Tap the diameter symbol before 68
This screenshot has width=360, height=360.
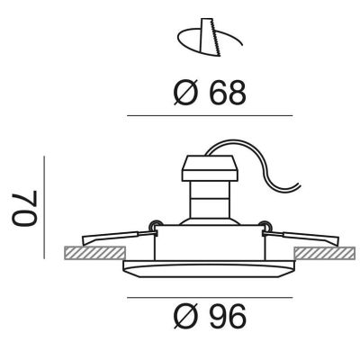(x=185, y=93)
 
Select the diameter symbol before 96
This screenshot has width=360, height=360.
(x=185, y=317)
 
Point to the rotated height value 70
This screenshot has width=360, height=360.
(x=24, y=208)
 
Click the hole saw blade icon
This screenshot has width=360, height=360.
(x=211, y=37)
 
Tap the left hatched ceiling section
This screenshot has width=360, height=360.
(x=94, y=253)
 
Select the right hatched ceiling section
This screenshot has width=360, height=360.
(x=325, y=253)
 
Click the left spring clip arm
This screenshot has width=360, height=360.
(x=119, y=238)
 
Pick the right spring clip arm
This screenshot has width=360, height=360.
(x=301, y=238)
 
